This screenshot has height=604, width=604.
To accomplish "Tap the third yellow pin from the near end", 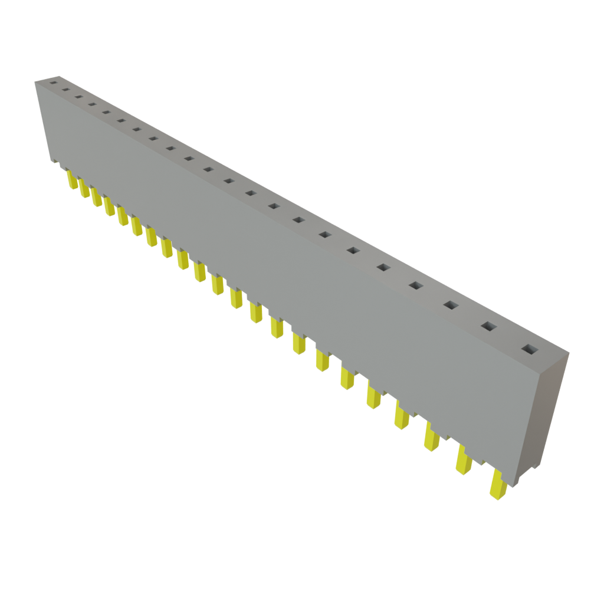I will coord(432,437).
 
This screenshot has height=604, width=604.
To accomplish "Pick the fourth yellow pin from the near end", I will coord(402,415).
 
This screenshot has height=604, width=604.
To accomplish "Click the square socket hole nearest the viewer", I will coord(528,349).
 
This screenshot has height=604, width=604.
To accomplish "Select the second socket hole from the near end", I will coord(488,326).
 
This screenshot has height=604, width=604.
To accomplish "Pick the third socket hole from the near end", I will coord(451,305).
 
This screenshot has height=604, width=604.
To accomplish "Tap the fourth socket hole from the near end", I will coord(415,286).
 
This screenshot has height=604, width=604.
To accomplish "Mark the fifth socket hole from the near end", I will coord(383,268).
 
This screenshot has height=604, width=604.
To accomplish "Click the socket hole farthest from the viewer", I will coord(52,83).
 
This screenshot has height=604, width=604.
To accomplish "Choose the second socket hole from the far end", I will coord(65,90).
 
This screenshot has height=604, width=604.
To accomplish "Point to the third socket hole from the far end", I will coord(78,97).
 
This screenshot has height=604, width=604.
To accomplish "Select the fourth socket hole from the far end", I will coord(92,105).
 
